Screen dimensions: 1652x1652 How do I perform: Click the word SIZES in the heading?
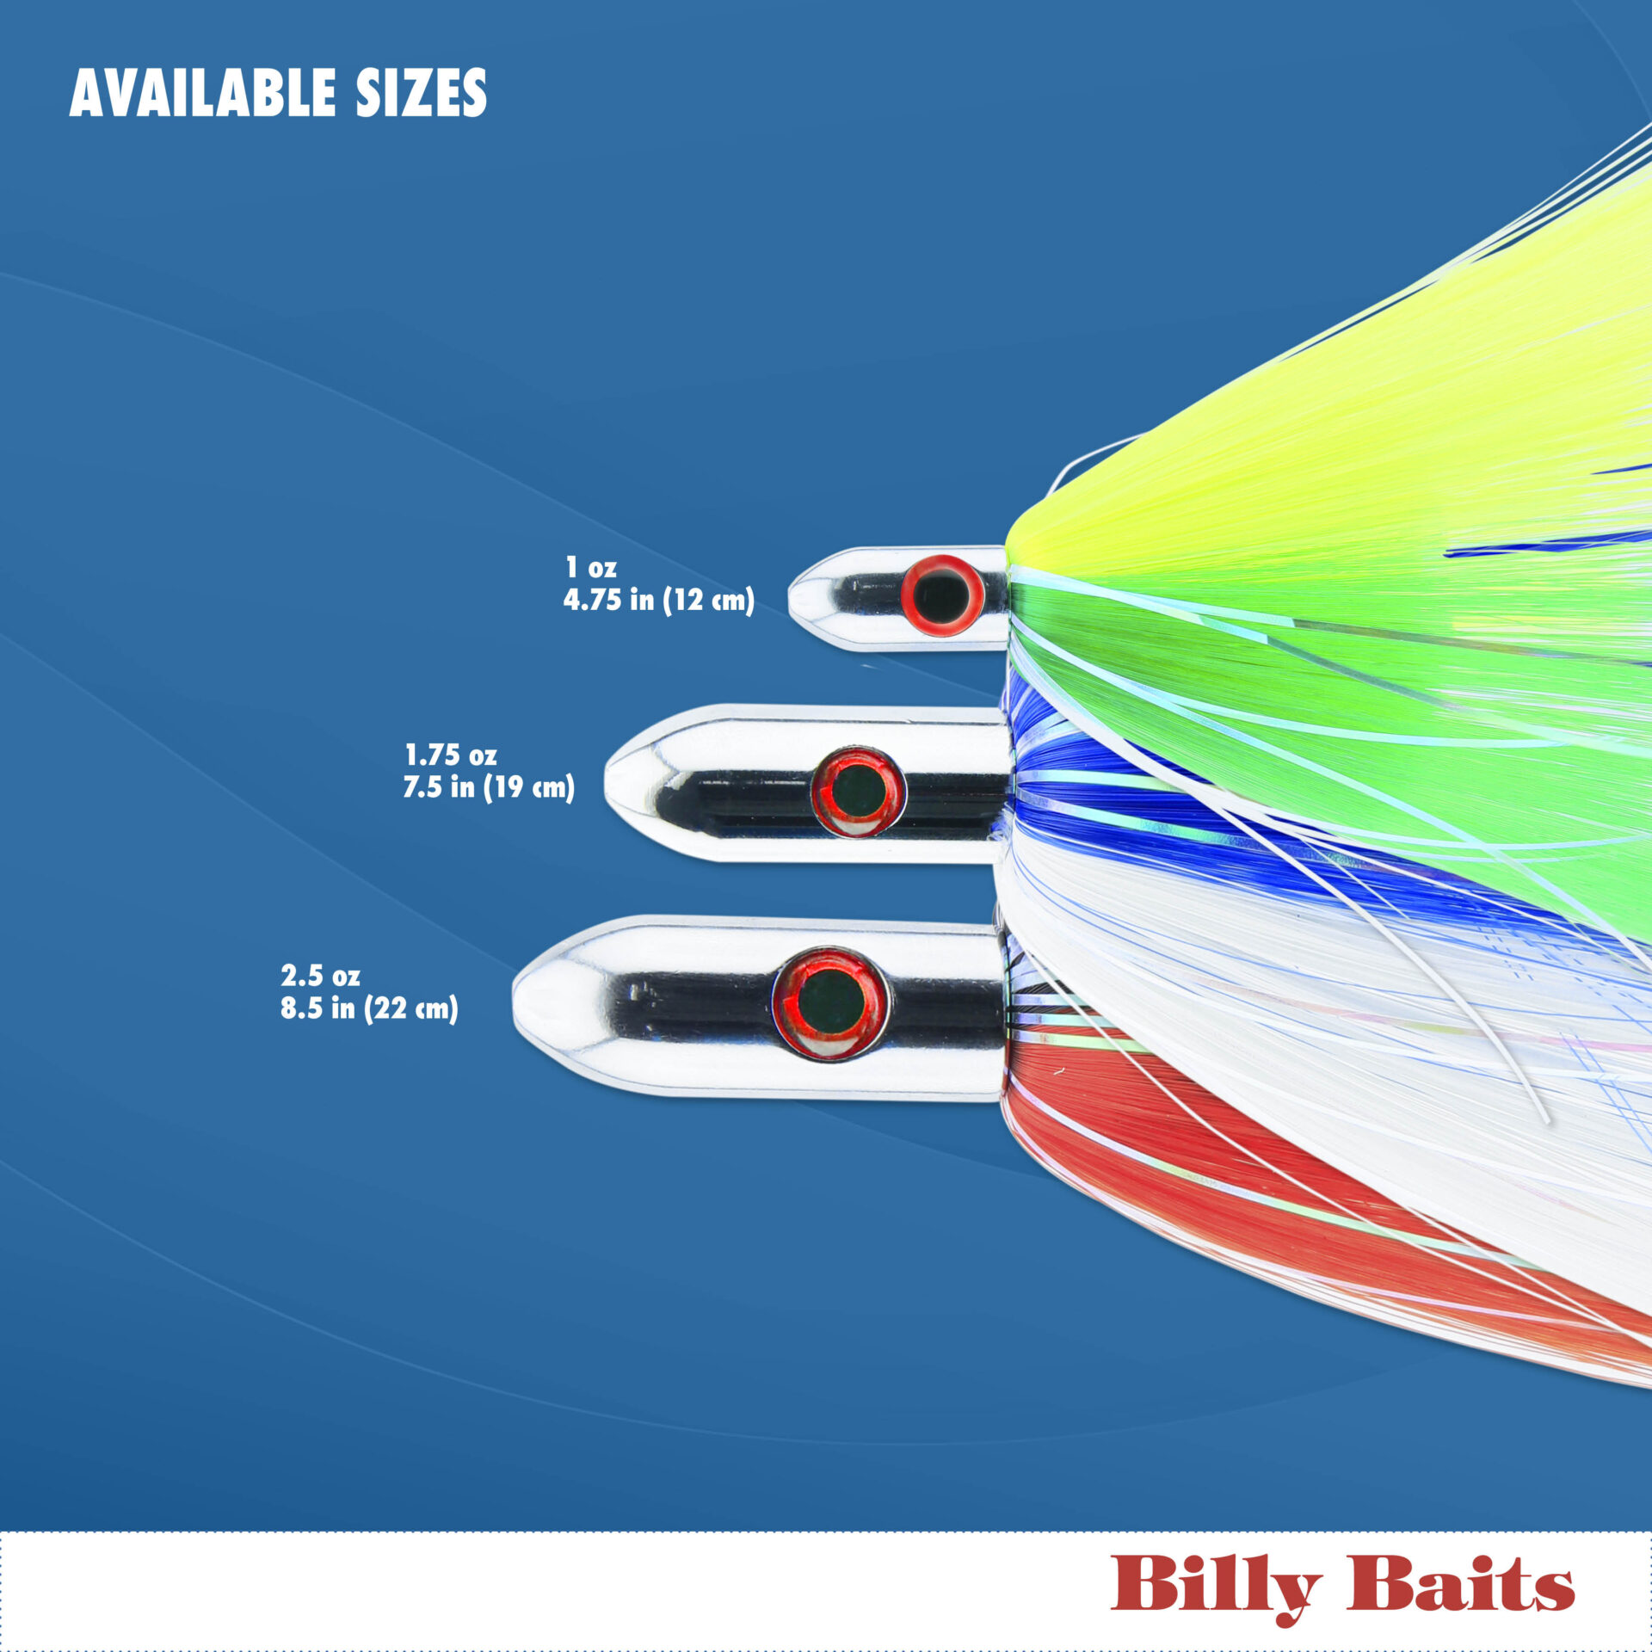[x=421, y=93]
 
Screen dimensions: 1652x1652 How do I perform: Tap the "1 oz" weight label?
[x=590, y=568]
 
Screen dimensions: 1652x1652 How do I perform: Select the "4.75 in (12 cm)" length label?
[x=658, y=600]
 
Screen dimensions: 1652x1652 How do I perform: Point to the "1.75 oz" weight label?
[x=450, y=755]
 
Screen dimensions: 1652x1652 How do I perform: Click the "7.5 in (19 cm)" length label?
[x=489, y=787]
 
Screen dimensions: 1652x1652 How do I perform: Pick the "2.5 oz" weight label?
[x=320, y=976]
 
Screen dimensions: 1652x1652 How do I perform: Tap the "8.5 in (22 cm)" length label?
[x=369, y=1008]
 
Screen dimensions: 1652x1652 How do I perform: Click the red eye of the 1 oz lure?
[x=941, y=595]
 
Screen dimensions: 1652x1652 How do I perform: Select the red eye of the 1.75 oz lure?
[x=858, y=791]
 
